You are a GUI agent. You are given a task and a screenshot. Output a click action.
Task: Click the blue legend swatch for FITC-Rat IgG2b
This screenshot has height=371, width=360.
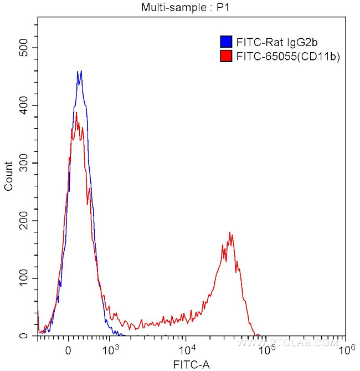coord(225,42)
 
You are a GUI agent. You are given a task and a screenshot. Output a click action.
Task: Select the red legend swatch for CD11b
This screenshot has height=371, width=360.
coord(225,56)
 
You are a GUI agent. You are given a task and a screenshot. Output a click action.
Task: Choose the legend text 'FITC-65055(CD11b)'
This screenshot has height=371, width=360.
coord(287,56)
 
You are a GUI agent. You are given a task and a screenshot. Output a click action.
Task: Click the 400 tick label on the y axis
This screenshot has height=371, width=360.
coord(24,105)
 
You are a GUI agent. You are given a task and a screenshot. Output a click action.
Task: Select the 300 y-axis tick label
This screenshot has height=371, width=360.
coord(24,163)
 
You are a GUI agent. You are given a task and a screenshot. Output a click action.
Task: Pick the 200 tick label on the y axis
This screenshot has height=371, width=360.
coord(24,221)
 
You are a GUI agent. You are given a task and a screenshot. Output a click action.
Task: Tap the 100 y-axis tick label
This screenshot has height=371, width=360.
coord(24,278)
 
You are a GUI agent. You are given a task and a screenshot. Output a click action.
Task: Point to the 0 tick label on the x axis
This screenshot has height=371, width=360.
coord(68,351)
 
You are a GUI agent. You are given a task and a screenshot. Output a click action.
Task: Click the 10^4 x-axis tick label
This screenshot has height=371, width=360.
coord(188,350)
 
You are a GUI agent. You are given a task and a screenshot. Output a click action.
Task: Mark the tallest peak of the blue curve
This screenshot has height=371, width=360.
coord(81,71)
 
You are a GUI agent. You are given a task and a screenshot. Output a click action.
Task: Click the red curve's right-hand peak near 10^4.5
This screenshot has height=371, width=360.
coord(230,233)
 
